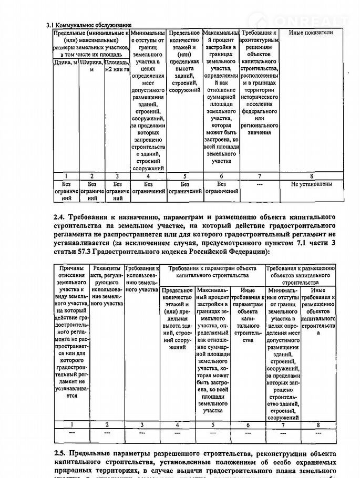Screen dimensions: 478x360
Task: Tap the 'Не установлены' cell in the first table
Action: [x=311, y=184]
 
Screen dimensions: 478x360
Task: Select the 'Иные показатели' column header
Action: [x=311, y=33]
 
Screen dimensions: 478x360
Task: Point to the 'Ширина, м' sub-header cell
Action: [x=92, y=66]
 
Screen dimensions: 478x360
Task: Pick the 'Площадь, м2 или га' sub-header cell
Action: [x=117, y=66]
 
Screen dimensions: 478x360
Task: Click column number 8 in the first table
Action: [x=311, y=176]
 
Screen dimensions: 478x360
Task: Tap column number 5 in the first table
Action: [x=184, y=176]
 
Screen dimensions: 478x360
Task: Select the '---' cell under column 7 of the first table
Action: [x=260, y=184]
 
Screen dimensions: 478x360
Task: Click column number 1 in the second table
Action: [x=71, y=424]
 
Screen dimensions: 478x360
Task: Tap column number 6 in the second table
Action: [x=247, y=424]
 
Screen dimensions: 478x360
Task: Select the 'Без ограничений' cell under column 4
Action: [x=148, y=188]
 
